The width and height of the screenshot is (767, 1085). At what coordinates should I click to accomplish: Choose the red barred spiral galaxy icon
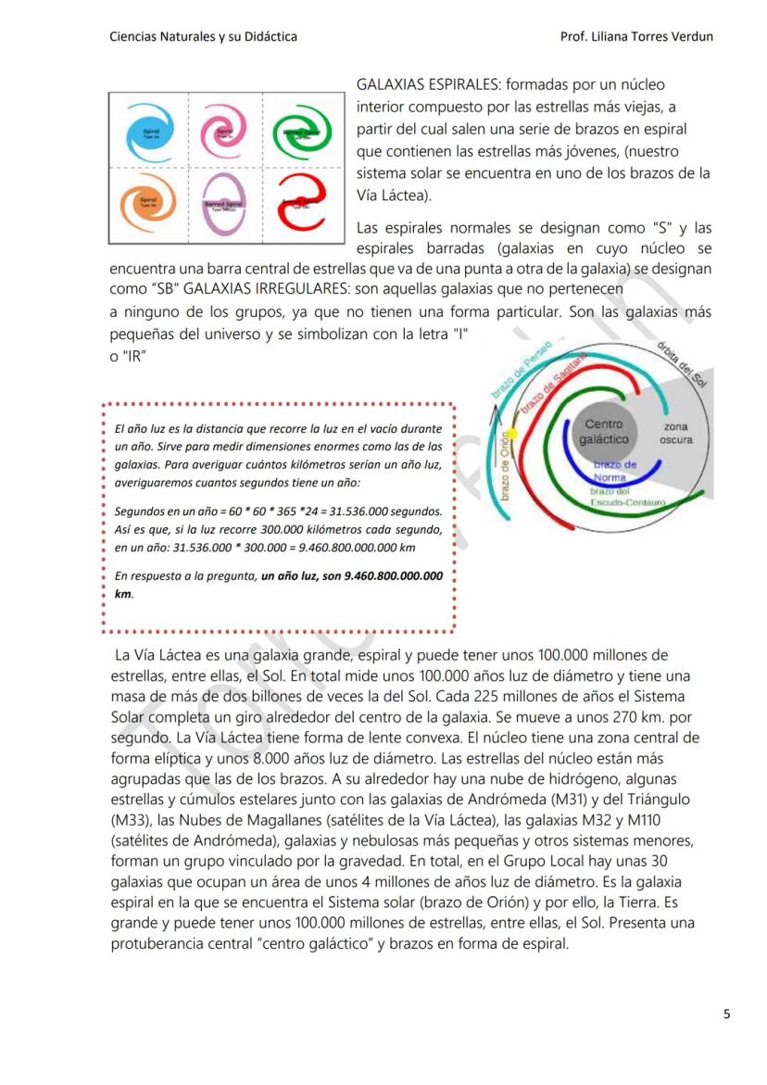click(302, 201)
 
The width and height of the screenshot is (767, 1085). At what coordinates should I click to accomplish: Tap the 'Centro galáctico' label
click(604, 432)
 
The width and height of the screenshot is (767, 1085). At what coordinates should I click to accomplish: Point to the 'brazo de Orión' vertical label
click(506, 472)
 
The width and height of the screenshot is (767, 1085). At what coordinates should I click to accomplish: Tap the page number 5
click(726, 1014)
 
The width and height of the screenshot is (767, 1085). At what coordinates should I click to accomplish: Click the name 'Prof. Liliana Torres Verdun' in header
click(636, 37)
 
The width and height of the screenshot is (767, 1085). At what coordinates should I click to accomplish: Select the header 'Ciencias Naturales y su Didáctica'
click(203, 37)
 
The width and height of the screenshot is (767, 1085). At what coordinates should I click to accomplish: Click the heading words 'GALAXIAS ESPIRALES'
click(427, 85)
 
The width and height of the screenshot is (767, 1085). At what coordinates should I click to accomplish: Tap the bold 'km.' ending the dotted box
click(124, 593)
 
